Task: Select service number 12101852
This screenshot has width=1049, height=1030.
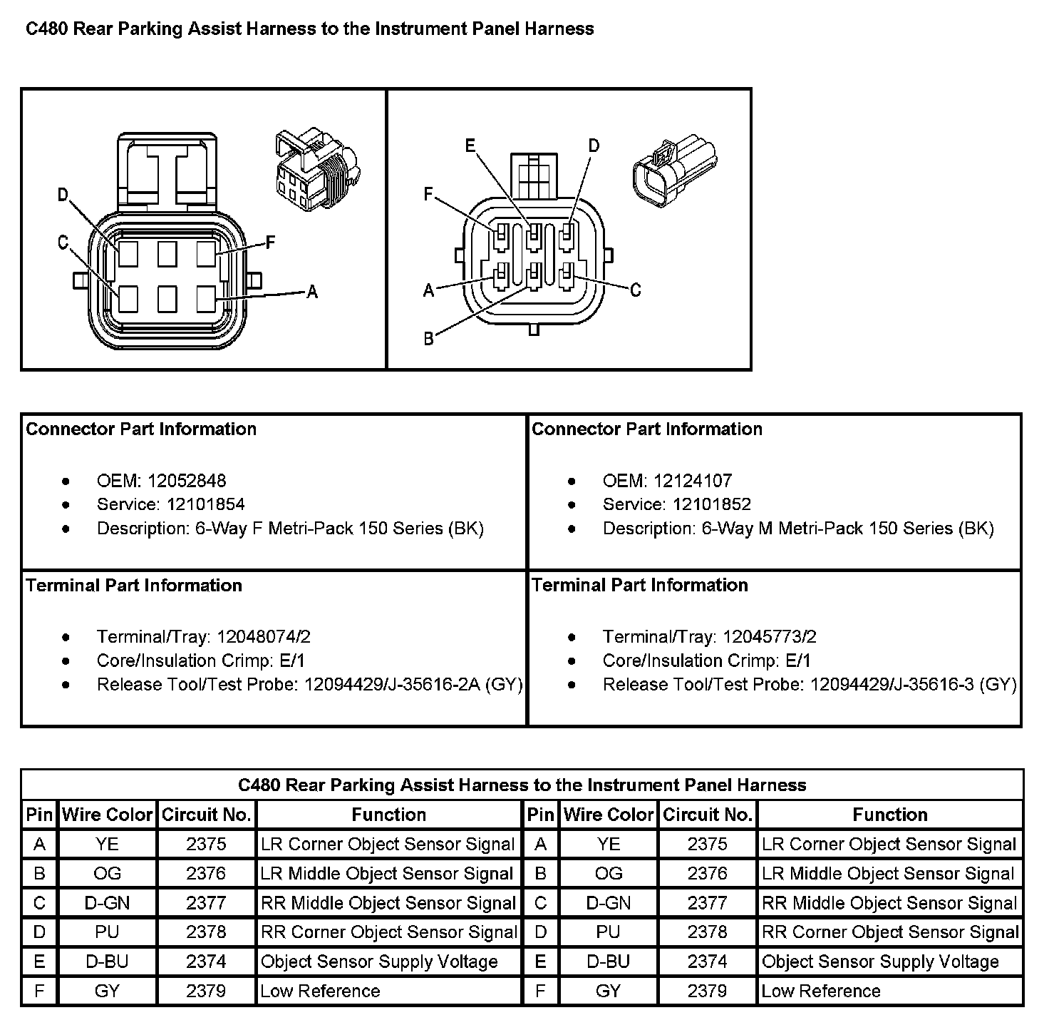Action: [x=711, y=504]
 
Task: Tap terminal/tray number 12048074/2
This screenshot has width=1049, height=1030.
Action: [x=264, y=636]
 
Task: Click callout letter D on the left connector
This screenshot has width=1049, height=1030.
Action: [x=63, y=195]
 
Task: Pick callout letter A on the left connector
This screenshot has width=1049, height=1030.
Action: [x=311, y=291]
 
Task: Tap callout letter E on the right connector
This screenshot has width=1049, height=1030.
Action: [x=470, y=146]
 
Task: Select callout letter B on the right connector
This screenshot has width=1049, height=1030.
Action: [x=428, y=338]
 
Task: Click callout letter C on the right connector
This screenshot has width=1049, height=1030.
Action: [x=635, y=290]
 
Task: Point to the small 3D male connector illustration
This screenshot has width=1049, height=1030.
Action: [x=674, y=170]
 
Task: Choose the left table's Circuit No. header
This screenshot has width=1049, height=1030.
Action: [x=206, y=815]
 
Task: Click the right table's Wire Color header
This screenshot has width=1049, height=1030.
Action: [x=608, y=815]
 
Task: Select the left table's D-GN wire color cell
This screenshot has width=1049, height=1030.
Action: [x=107, y=903]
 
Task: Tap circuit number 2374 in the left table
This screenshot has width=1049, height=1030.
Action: [x=206, y=962]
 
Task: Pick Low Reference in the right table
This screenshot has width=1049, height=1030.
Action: [x=821, y=991]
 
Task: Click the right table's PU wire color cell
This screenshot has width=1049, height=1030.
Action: [x=608, y=932]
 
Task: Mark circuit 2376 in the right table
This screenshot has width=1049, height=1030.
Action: [x=707, y=874]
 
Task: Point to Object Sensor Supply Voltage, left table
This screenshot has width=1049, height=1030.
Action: [x=379, y=962]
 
